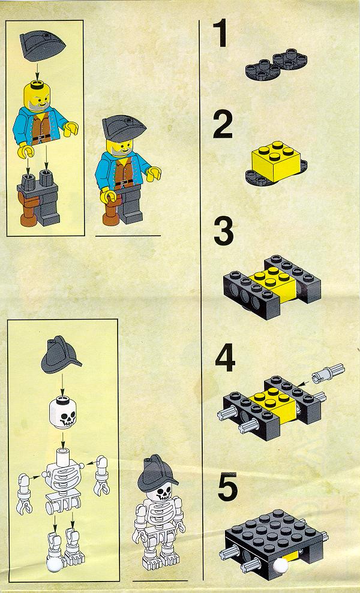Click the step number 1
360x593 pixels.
221,34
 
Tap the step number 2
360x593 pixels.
223,124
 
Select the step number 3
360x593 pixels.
224,231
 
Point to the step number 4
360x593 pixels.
225,357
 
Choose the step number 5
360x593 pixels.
227,486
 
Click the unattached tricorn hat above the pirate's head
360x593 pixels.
42,44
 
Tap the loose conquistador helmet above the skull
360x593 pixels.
61,355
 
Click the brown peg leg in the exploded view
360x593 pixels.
28,209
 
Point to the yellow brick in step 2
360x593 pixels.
276,161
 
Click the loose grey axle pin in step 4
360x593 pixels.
328,372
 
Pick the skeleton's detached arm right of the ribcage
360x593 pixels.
101,475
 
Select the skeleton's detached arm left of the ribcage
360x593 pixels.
23,494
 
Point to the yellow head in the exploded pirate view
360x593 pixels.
38,96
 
